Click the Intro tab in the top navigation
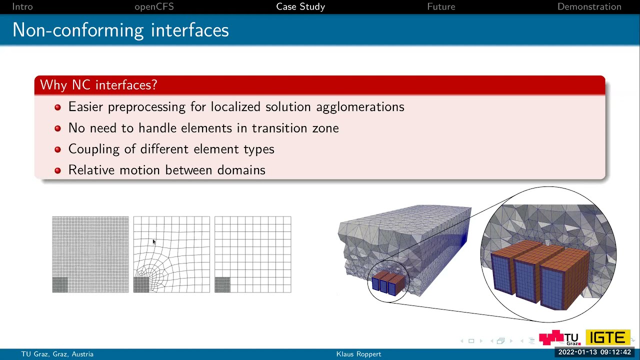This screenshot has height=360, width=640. (x=22, y=6)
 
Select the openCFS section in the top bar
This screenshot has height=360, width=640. (x=154, y=6)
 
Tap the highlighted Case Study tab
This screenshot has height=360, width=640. (x=300, y=6)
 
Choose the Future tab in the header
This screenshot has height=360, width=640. (x=441, y=6)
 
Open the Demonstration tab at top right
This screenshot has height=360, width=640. (x=589, y=6)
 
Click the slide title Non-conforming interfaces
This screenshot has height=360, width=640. (x=120, y=30)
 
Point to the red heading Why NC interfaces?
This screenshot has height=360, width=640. (x=98, y=85)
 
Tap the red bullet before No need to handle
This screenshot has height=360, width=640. (x=57, y=128)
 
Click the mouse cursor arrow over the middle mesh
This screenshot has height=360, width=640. (x=154, y=242)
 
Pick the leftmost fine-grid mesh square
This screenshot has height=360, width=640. (x=90, y=254)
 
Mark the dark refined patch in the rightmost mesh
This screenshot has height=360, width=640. (x=222, y=285)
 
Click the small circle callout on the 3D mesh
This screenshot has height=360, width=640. (x=388, y=281)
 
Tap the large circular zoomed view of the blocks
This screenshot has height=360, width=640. (x=548, y=254)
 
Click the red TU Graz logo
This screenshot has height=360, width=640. (x=558, y=338)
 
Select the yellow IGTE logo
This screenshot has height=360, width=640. (x=607, y=337)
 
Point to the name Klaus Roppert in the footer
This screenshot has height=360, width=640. (x=358, y=354)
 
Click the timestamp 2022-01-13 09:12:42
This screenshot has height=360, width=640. (x=594, y=352)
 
